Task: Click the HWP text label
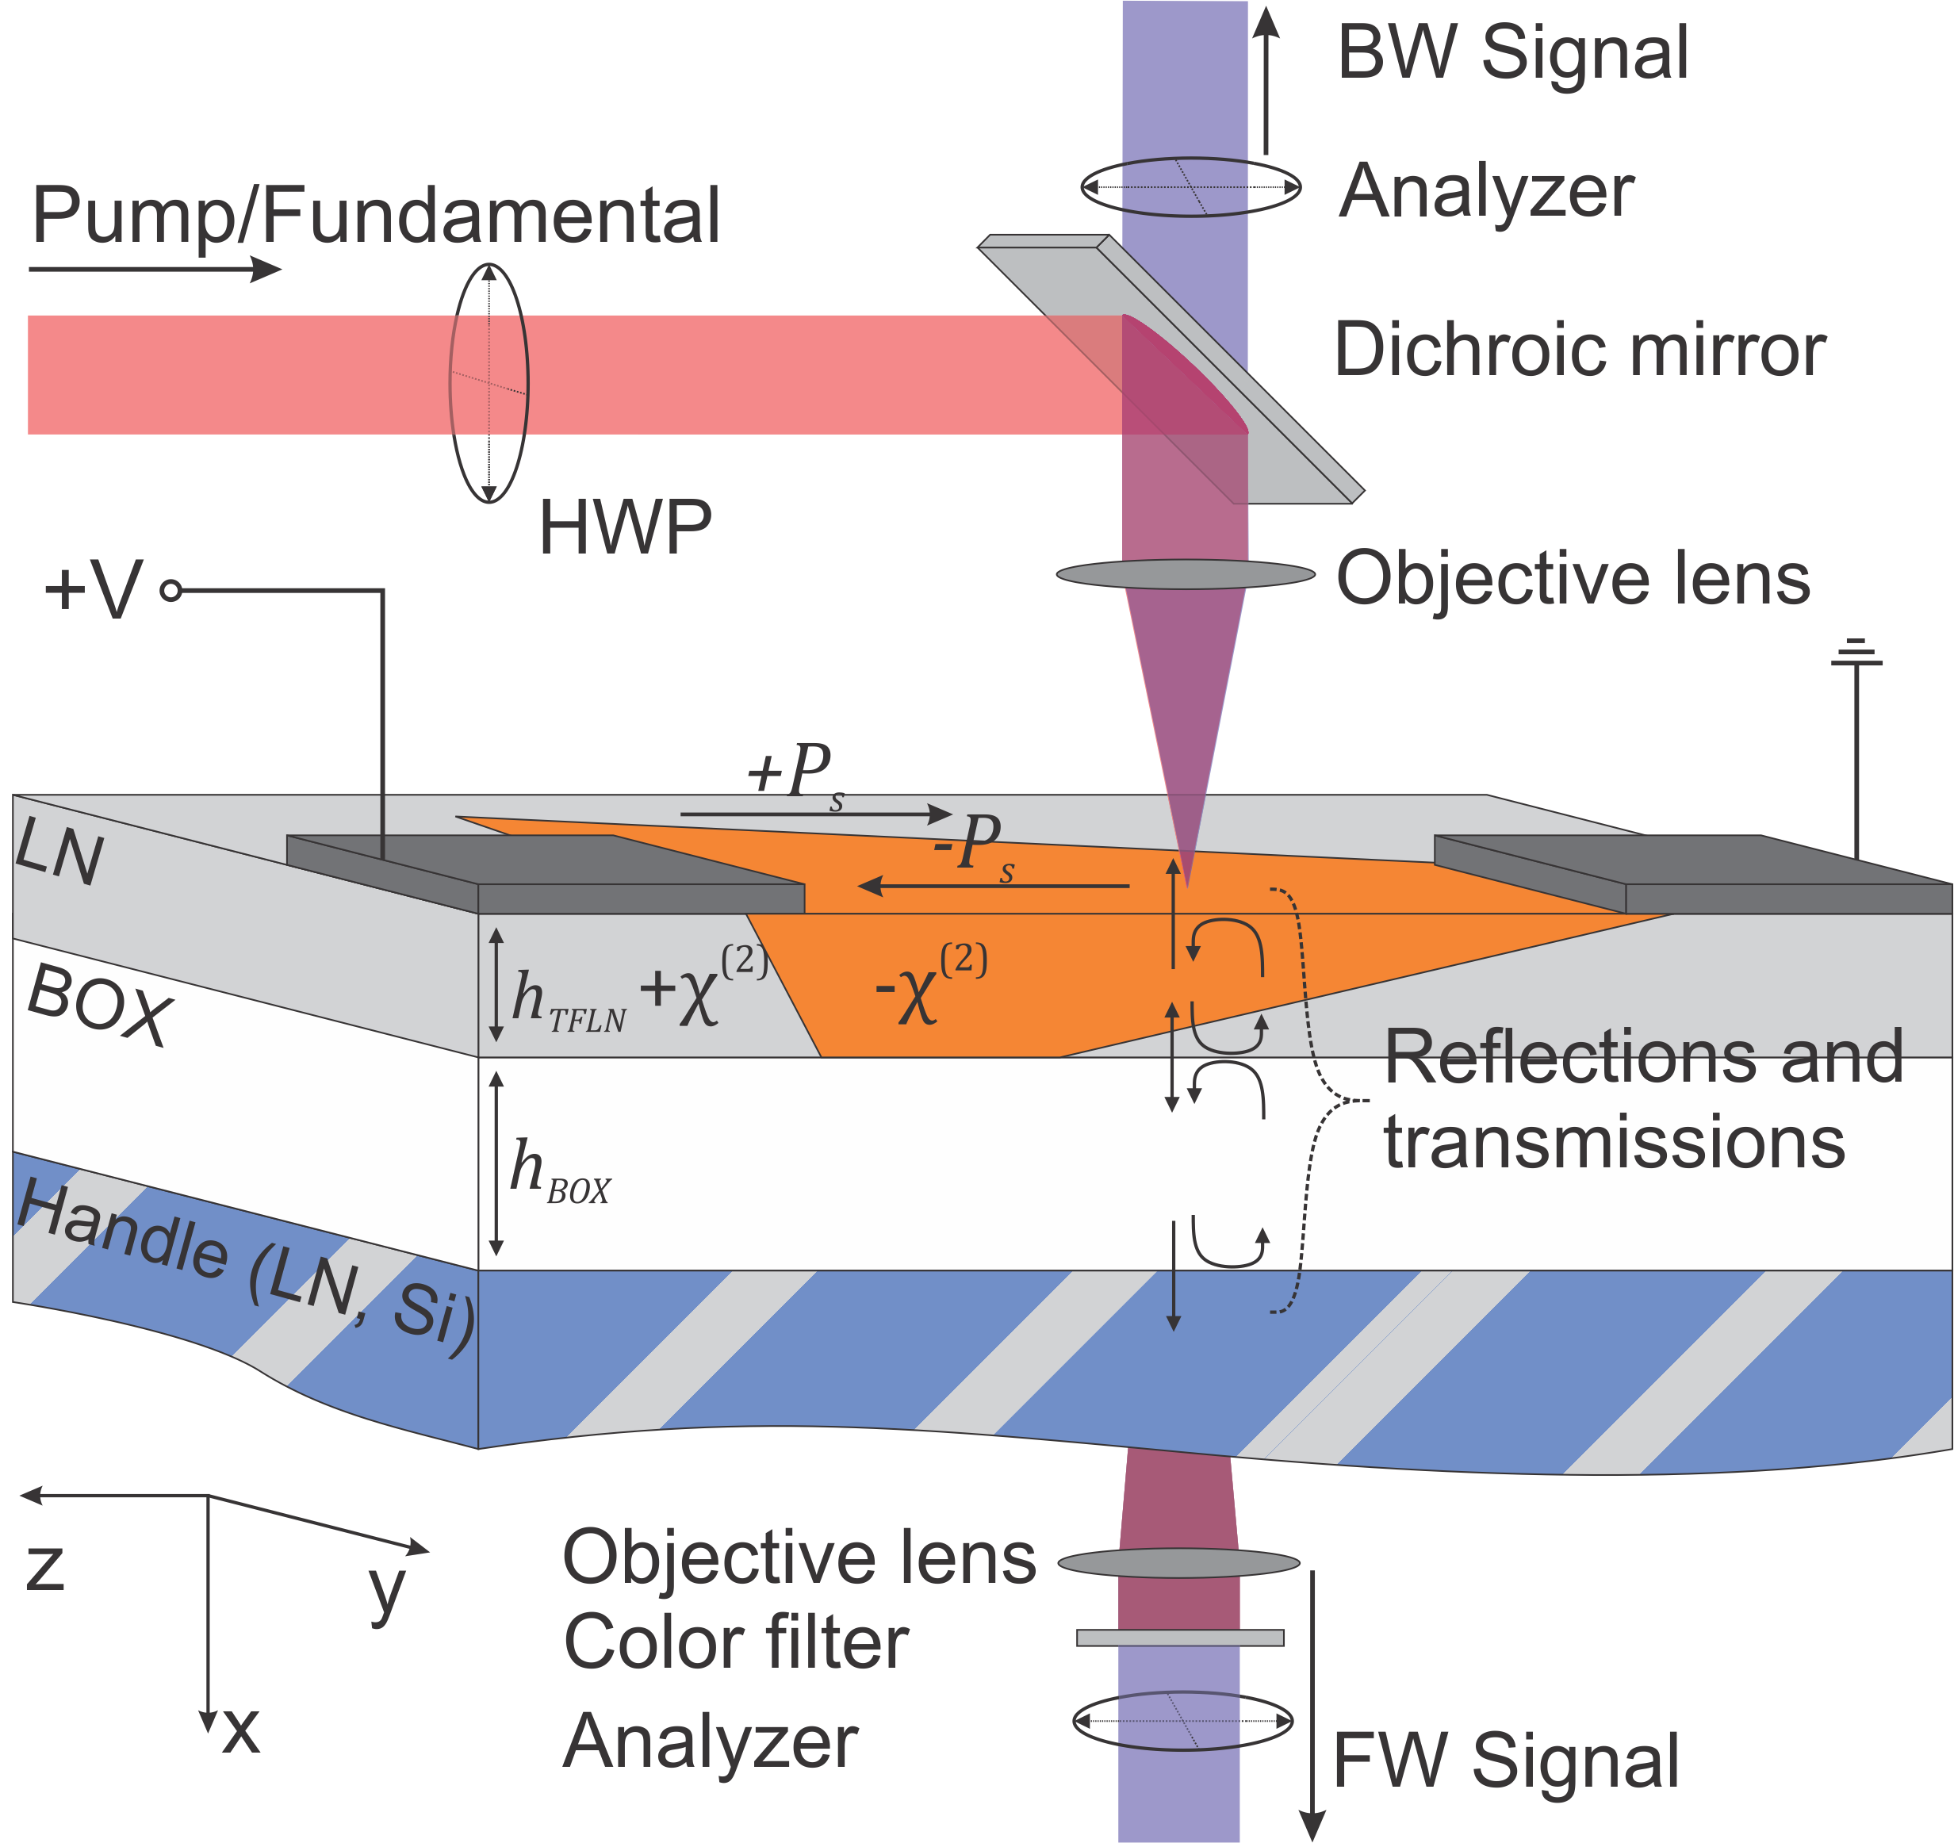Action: (x=625, y=528)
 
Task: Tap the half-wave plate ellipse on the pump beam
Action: (x=489, y=383)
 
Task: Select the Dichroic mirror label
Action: (x=1580, y=350)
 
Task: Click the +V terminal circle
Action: (x=171, y=591)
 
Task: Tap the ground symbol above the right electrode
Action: (x=1856, y=653)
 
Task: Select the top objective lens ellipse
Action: (x=1186, y=574)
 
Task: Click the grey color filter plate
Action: (x=1181, y=1638)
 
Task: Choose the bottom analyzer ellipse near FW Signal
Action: (x=1182, y=1720)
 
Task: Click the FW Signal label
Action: (x=1505, y=1761)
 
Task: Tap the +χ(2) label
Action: (x=702, y=986)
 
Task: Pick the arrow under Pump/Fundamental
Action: (x=155, y=268)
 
